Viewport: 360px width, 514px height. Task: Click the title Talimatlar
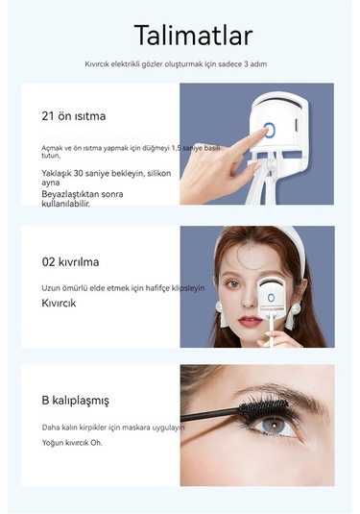(193, 36)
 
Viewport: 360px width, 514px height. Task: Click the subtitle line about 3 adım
(180, 64)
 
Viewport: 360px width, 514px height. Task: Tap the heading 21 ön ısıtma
(74, 116)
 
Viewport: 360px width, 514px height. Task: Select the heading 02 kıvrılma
(70, 260)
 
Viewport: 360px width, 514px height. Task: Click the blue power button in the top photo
(270, 131)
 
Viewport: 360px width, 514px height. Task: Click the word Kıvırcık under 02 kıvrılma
(59, 303)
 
